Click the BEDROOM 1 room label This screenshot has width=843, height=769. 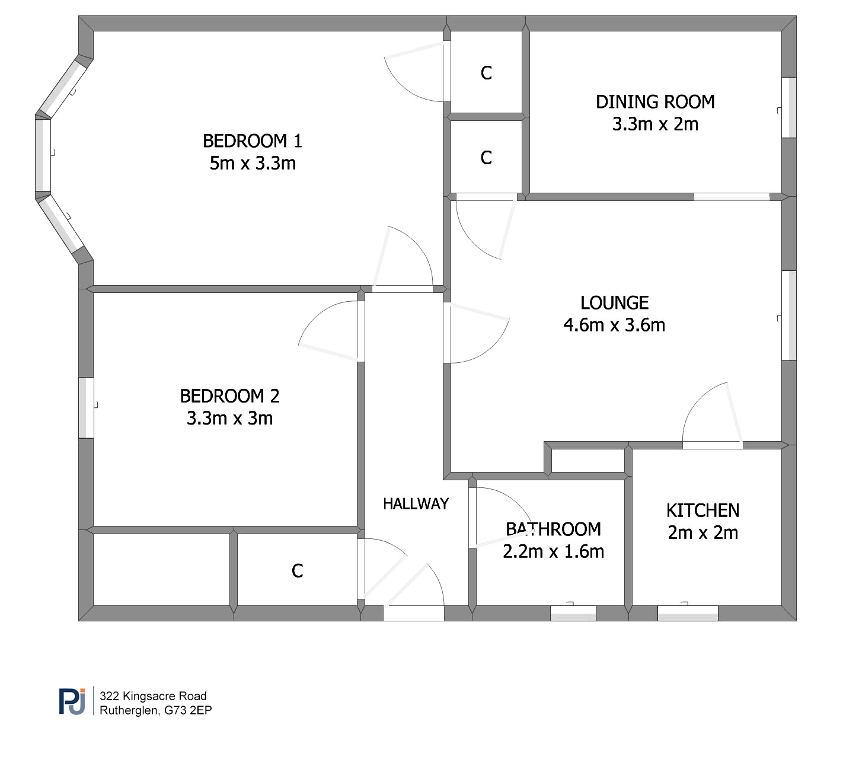(x=253, y=141)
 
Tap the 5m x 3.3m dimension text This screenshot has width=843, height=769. (x=253, y=163)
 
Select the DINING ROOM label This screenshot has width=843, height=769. (x=655, y=102)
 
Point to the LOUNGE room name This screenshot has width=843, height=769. (x=614, y=303)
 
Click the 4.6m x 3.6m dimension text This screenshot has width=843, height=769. (x=614, y=325)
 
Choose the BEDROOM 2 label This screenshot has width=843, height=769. (x=230, y=396)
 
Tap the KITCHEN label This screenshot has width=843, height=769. (x=702, y=510)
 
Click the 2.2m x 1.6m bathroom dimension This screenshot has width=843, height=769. (x=554, y=551)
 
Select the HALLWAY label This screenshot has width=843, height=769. (x=416, y=504)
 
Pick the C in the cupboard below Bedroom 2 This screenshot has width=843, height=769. (x=297, y=571)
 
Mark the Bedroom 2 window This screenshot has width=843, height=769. (x=86, y=408)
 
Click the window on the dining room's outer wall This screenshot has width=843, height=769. (x=789, y=107)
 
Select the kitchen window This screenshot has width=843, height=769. (x=688, y=613)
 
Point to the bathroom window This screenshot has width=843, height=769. (x=573, y=613)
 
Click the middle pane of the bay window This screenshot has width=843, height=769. (x=43, y=155)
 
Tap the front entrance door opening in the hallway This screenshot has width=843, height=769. (x=414, y=613)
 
